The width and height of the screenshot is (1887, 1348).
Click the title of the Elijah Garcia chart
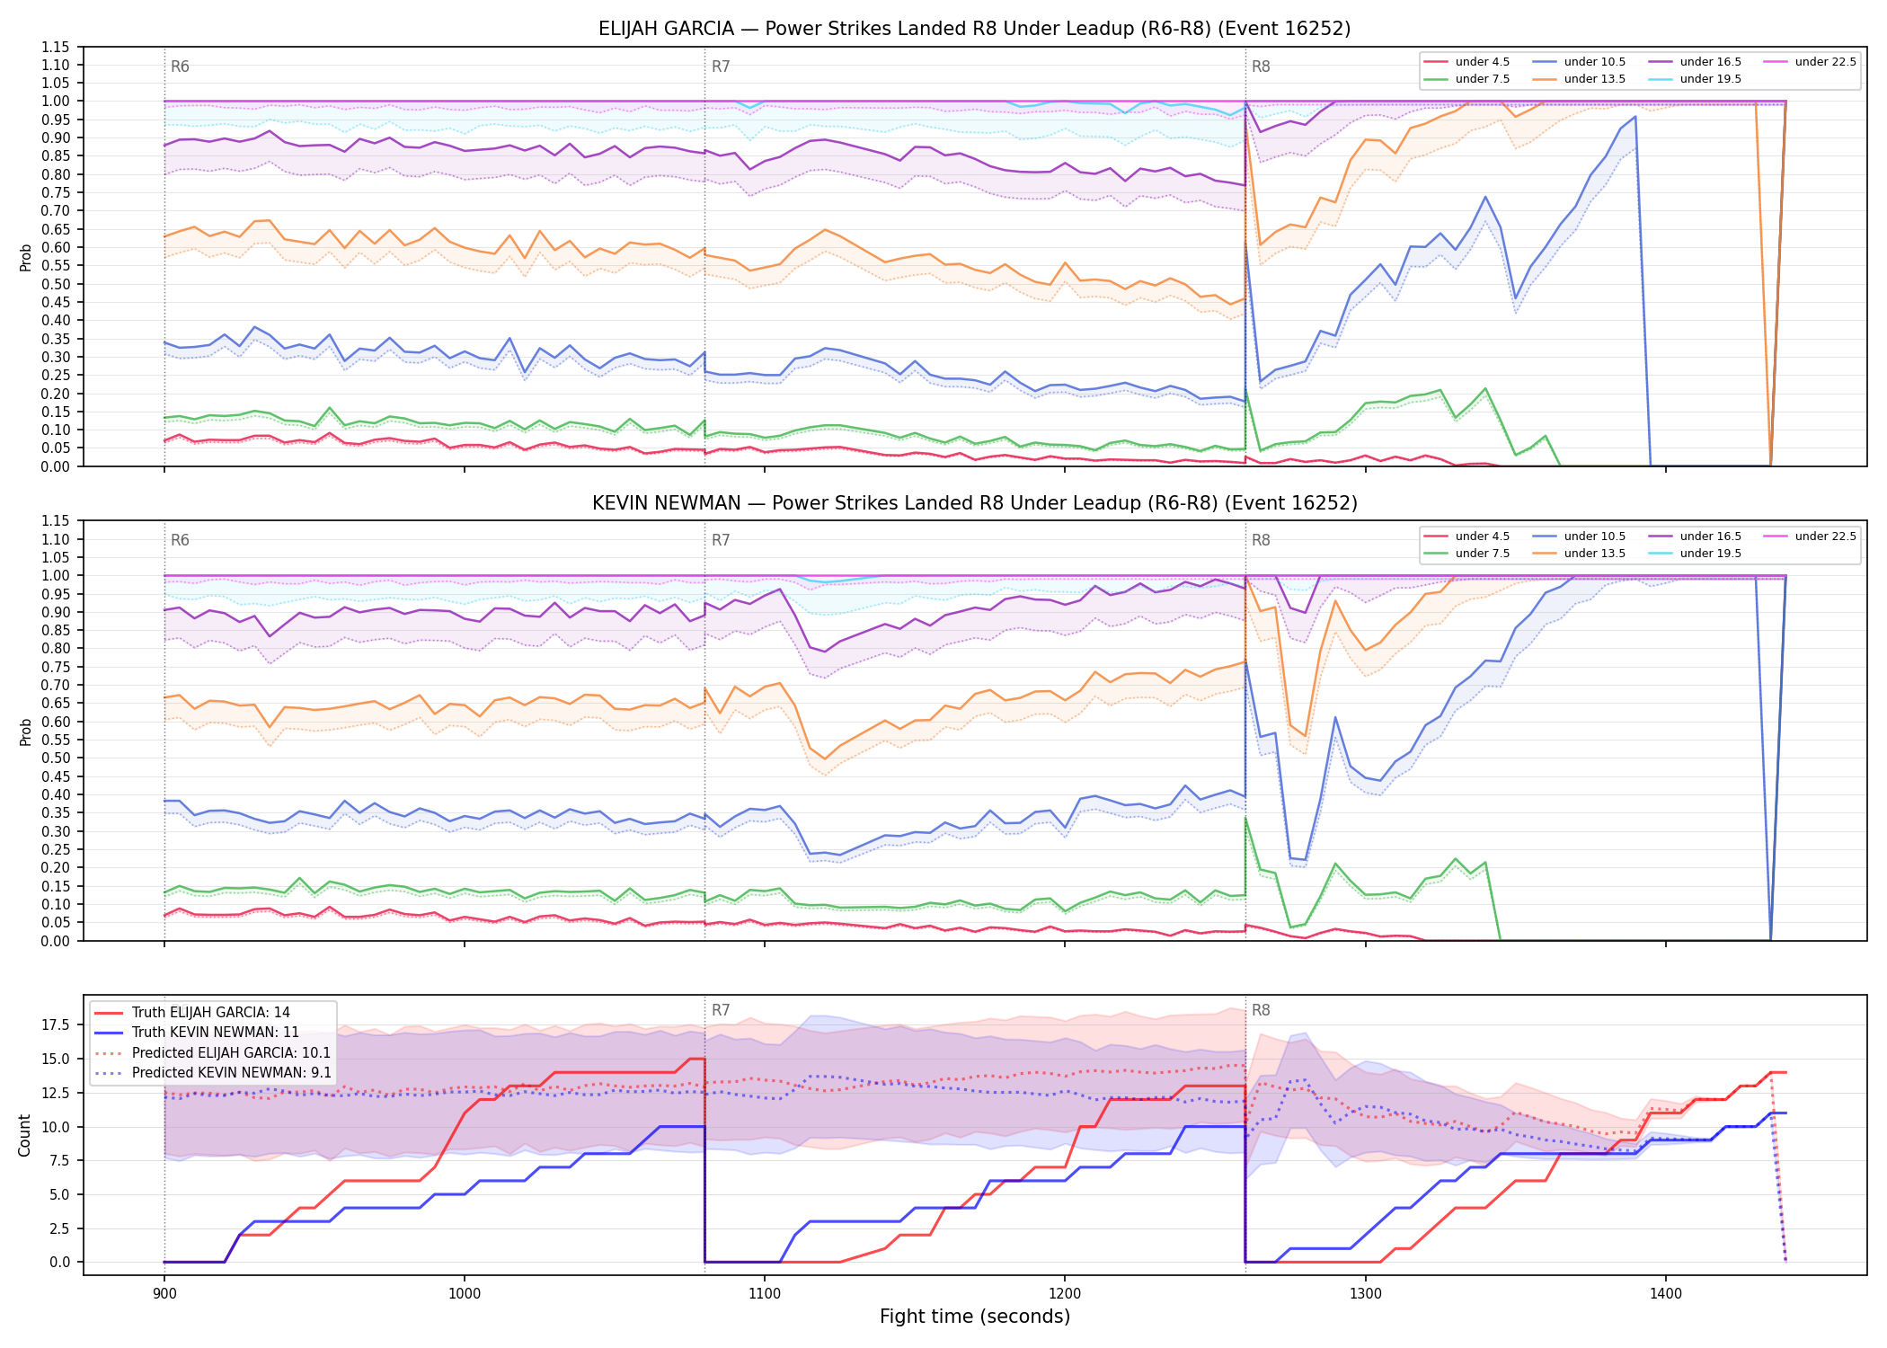click(974, 29)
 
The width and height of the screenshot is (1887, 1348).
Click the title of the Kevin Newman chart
click(974, 503)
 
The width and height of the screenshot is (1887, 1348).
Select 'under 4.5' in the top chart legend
click(1482, 62)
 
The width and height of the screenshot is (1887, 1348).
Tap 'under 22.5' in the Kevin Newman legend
click(1825, 537)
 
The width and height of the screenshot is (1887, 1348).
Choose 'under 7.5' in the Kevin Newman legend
click(1482, 554)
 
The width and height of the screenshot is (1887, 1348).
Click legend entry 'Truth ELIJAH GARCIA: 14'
click(211, 1013)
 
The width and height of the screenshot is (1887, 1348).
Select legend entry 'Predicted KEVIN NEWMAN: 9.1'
click(232, 1073)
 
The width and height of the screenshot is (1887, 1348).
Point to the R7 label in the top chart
click(721, 67)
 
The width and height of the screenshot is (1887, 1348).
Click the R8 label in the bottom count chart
click(1261, 1010)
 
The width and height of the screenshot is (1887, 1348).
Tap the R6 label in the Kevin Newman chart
click(180, 540)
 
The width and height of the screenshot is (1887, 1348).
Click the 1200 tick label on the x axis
click(1065, 1293)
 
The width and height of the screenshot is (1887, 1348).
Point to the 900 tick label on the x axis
click(164, 1293)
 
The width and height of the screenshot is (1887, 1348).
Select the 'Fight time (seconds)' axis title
click(975, 1317)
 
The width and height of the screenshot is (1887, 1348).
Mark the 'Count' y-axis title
click(24, 1135)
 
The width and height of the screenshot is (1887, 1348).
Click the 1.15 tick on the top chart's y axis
click(56, 47)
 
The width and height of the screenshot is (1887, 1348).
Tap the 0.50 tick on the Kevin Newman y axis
click(56, 758)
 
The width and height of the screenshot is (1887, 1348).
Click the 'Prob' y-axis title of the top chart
click(25, 257)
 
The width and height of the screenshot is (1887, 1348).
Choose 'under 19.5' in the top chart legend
click(1710, 79)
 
